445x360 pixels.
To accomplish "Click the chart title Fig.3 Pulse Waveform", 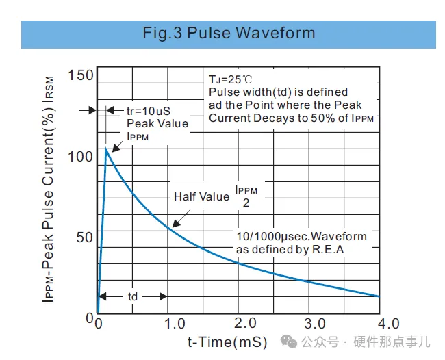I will point(229,34).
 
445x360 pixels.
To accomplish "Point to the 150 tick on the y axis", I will point(81,75).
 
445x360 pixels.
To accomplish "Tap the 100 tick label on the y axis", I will point(81,156).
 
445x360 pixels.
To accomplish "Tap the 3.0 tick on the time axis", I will point(315,323).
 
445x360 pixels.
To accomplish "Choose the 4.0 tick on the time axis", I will point(387,323).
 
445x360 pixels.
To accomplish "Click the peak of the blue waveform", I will point(106,149).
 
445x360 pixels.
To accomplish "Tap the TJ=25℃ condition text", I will point(231,79).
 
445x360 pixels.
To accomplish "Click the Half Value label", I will point(201,197).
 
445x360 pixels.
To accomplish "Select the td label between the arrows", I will point(133,296).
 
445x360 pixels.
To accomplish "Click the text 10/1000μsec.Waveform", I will point(301,237).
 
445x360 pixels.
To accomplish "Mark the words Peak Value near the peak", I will point(157,123).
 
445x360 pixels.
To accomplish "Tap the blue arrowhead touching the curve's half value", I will point(175,223).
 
